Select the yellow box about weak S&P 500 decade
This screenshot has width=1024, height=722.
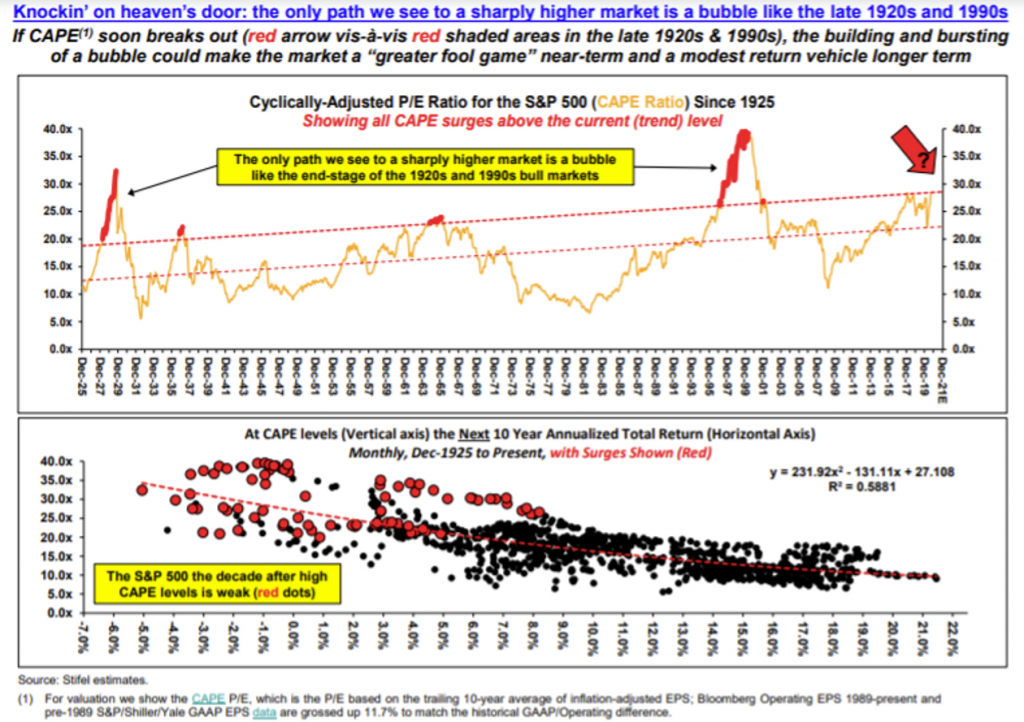click(x=218, y=585)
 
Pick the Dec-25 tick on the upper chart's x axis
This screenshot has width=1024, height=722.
click(x=85, y=372)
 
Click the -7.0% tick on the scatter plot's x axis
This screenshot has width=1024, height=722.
click(x=85, y=638)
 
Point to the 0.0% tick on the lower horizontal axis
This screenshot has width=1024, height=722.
click(x=294, y=638)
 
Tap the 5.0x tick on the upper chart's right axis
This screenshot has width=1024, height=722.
click(x=963, y=321)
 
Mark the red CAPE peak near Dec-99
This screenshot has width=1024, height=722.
click(x=742, y=135)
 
